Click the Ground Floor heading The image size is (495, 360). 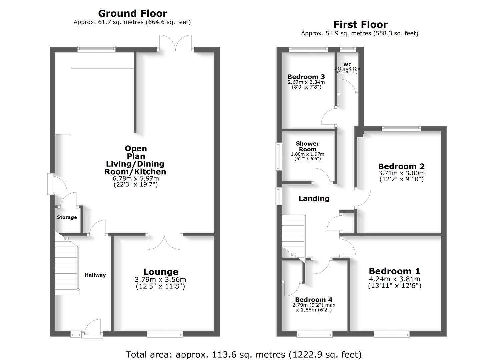tap(132, 13)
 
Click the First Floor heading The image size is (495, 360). tap(360, 24)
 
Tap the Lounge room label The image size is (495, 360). tap(161, 272)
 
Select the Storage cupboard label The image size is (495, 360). tap(67, 217)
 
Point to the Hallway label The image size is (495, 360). tap(95, 275)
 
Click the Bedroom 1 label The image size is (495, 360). tap(394, 271)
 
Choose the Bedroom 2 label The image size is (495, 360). tap(401, 166)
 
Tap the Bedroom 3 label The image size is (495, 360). tap(306, 77)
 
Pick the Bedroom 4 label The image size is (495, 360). tap(313, 300)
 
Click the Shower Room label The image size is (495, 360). tap(307, 146)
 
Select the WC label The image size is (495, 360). tap(347, 65)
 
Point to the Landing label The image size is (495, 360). tap(314, 199)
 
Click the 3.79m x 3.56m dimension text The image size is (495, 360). tap(160, 279)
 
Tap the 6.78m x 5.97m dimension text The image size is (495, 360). tap(135, 178)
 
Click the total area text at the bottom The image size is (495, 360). tap(243, 354)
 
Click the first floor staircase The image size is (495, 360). tap(293, 235)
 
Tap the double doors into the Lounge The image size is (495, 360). tap(164, 241)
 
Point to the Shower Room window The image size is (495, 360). tap(278, 157)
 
